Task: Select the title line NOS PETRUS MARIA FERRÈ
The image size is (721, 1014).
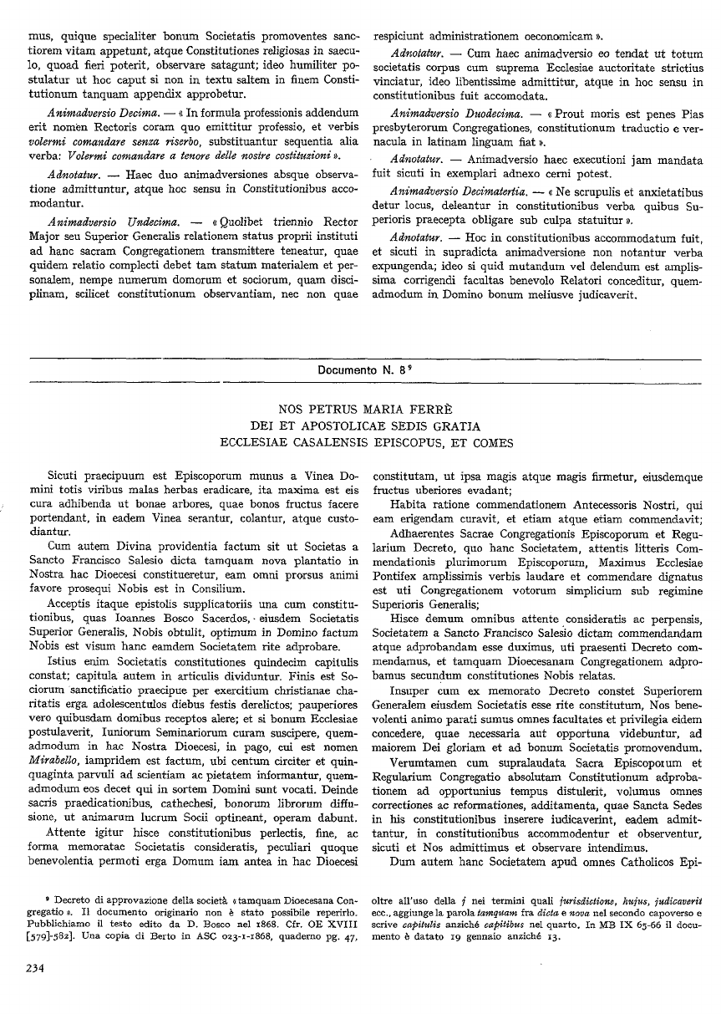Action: click(359, 410)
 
